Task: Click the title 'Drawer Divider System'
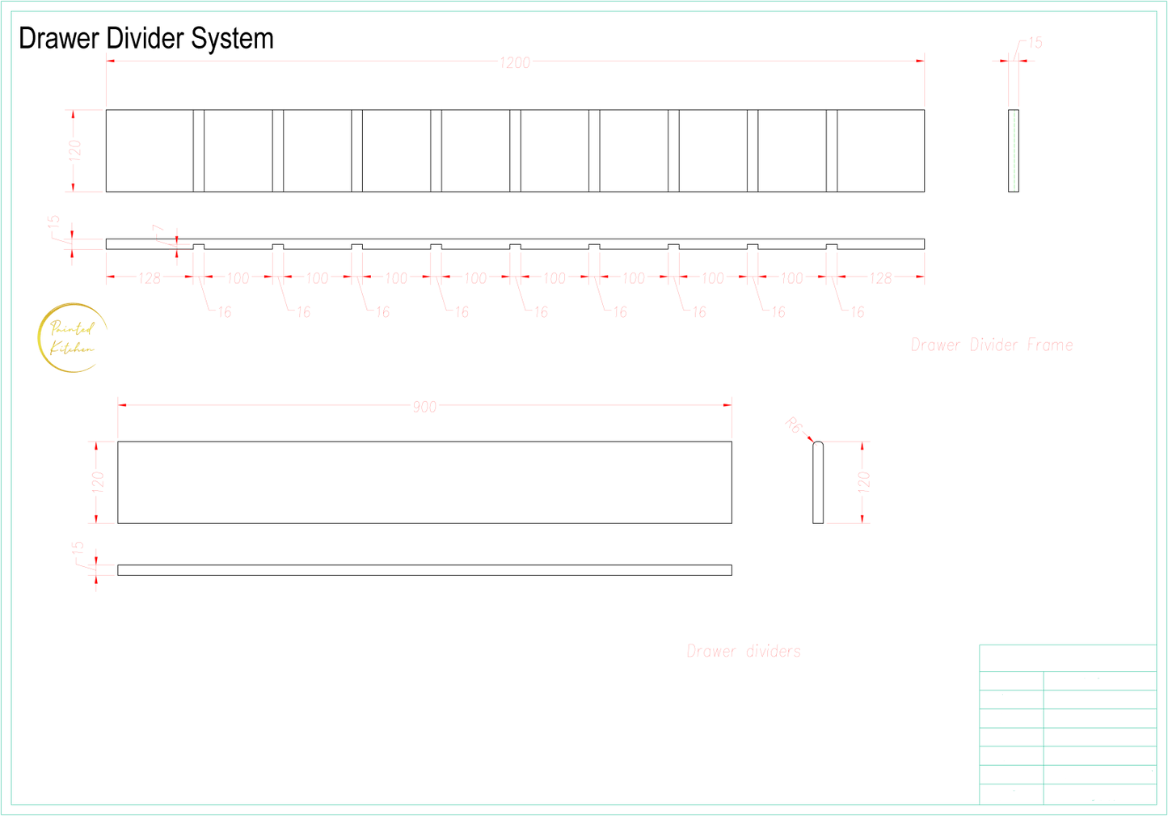(146, 38)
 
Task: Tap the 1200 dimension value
(515, 62)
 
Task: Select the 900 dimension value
(424, 407)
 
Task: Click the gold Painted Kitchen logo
(73, 338)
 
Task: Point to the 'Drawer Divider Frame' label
(992, 345)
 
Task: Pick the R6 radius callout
(794, 425)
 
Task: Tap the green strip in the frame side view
(1013, 151)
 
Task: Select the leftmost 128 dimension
(149, 279)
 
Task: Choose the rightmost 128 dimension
(880, 279)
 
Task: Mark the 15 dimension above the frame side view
(1035, 43)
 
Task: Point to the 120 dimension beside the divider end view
(864, 482)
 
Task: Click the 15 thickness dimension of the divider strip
(78, 548)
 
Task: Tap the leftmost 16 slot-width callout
(224, 311)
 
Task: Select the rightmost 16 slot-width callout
(858, 311)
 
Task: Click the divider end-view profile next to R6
(818, 483)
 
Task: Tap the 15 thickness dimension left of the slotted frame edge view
(54, 221)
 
